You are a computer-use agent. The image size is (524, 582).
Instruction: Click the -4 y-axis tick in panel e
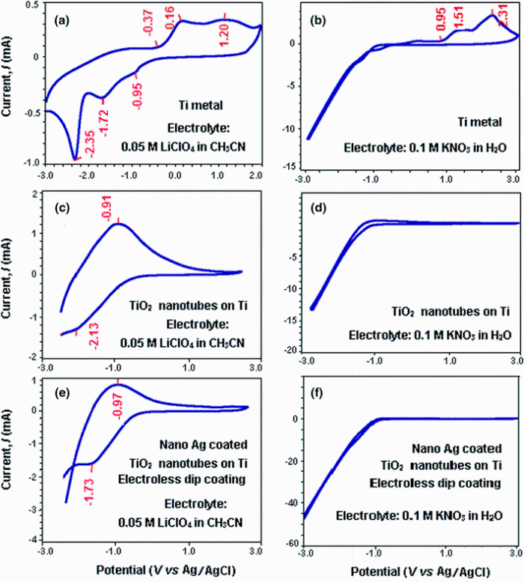pos(33,539)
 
